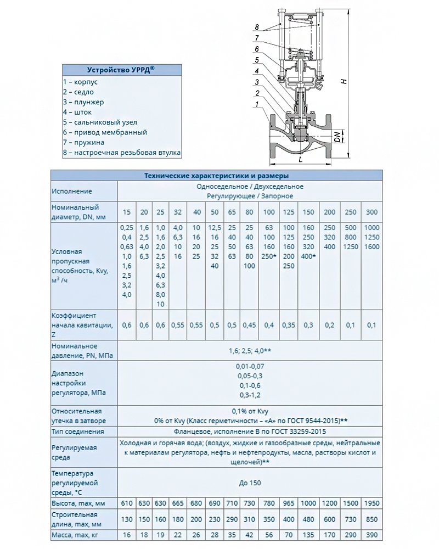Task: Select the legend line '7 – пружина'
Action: tap(87, 143)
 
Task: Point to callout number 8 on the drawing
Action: tap(256, 27)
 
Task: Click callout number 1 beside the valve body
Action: tap(256, 104)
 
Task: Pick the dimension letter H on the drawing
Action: tap(344, 81)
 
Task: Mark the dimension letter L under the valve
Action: tap(301, 159)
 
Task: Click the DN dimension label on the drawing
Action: tap(339, 135)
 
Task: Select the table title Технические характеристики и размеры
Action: tap(216, 176)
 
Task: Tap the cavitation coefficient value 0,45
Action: tap(250, 325)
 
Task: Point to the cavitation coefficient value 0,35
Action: tap(289, 325)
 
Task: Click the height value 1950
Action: tap(372, 503)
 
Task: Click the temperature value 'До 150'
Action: tap(250, 483)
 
